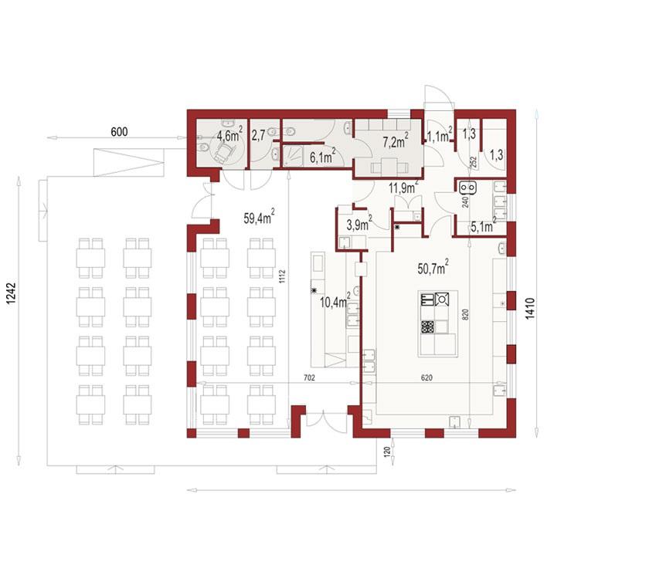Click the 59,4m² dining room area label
pos(259,218)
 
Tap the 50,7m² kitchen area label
pos(433,269)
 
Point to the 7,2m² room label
pos(396,141)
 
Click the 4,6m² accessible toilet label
pos(229,136)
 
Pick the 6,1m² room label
pos(321,157)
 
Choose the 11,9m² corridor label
pos(403,187)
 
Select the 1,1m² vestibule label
pos(440,137)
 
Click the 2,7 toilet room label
pos(258,136)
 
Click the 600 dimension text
pos(118,132)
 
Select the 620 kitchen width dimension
pos(427,377)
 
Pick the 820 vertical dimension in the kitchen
pos(465,315)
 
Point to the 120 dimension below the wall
pos(384,452)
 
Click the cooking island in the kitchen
pos(438,323)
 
